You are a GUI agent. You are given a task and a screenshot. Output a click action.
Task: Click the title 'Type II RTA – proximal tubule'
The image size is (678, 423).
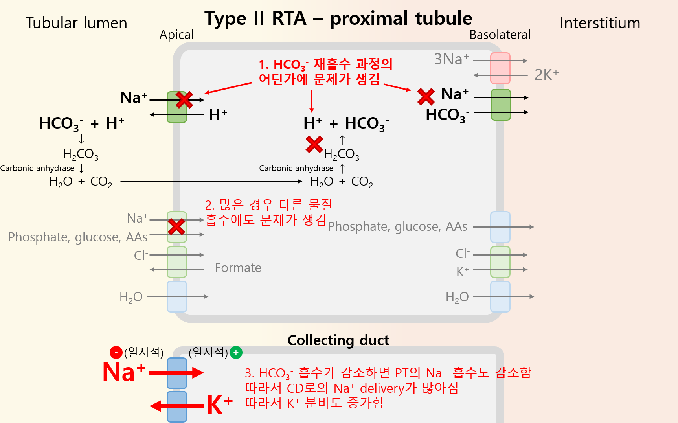tap(338, 18)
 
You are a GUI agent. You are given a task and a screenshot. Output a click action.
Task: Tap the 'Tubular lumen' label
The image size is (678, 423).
tap(76, 23)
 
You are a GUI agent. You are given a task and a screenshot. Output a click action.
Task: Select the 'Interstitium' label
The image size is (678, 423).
tap(600, 23)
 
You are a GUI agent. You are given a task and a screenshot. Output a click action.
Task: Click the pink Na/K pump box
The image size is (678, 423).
tap(500, 68)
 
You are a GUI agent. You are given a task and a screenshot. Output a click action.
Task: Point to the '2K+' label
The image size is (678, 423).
tap(546, 75)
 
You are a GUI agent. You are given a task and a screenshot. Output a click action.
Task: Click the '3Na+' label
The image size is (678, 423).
tap(451, 59)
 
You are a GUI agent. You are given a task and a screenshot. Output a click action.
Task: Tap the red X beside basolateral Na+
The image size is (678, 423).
tap(426, 97)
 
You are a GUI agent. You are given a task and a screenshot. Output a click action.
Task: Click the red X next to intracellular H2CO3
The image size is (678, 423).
tap(314, 144)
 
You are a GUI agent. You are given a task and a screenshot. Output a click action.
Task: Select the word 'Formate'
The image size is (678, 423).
tap(238, 268)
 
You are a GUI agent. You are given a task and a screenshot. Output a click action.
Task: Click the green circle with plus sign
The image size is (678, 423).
tap(236, 353)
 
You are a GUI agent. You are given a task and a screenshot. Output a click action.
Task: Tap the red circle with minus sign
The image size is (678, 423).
tap(116, 352)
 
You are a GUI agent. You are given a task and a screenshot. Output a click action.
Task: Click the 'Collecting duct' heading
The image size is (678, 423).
tap(338, 340)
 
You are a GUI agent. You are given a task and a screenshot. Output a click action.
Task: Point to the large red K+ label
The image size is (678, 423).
tap(219, 405)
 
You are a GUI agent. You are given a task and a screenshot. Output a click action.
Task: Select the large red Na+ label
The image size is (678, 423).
tap(124, 372)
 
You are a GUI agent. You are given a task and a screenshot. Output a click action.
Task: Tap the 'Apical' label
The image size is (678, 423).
tap(176, 35)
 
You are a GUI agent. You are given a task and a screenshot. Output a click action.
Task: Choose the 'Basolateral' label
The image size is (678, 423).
tap(500, 35)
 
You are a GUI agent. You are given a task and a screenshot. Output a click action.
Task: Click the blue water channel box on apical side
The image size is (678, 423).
tap(177, 296)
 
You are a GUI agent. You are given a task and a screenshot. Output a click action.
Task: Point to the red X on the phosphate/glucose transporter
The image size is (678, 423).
tap(176, 226)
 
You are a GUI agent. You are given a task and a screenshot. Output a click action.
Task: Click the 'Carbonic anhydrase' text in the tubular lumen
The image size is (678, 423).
tap(37, 168)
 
